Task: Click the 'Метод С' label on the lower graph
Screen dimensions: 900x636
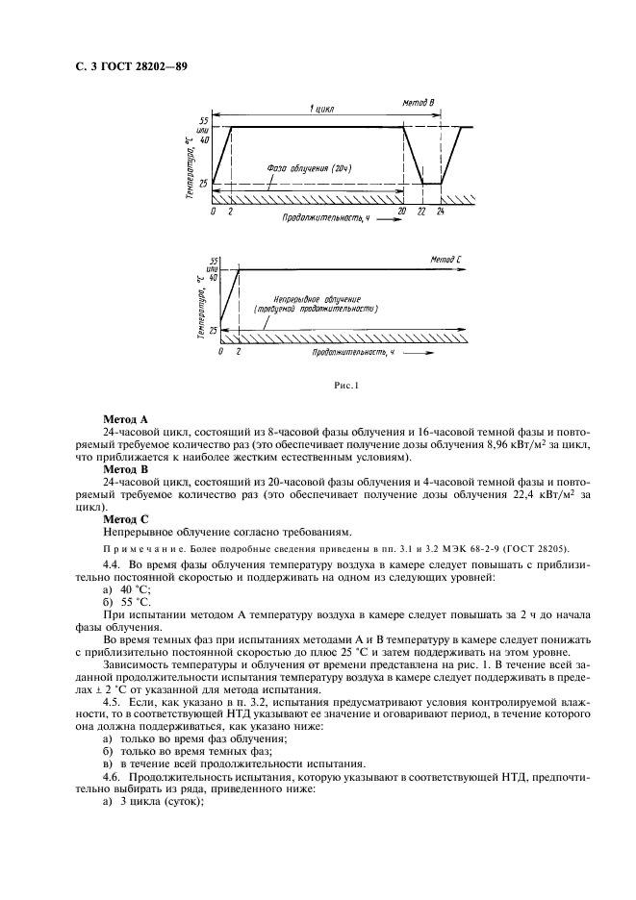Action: (x=447, y=261)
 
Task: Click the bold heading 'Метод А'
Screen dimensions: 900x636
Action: (x=124, y=420)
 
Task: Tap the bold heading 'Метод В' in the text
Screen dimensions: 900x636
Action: (x=124, y=469)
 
